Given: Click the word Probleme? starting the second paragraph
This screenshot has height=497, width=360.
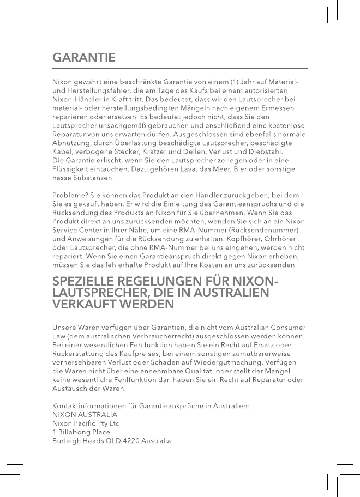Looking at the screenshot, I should pyautogui.click(x=70, y=195).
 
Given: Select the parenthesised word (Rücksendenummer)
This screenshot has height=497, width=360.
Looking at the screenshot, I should pyautogui.click(x=267, y=230).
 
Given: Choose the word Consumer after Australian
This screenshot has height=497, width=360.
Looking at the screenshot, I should pyautogui.click(x=287, y=327).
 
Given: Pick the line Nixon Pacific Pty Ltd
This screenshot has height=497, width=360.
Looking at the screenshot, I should pyautogui.click(x=86, y=423).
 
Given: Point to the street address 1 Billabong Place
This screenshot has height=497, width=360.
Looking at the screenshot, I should pyautogui.click(x=81, y=432).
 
